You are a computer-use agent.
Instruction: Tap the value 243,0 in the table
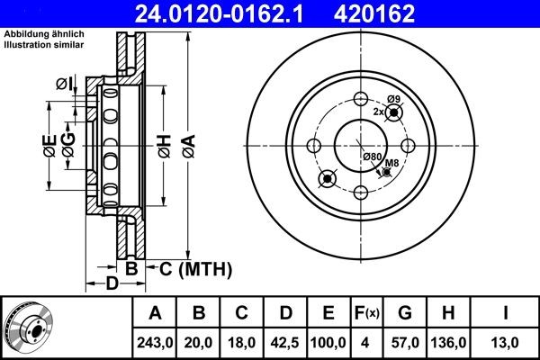(155, 343)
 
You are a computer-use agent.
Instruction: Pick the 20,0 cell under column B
(200, 343)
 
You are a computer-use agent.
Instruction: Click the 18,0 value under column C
(242, 343)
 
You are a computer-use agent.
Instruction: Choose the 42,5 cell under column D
(285, 343)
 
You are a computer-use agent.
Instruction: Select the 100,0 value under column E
(328, 343)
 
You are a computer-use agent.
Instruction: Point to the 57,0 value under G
(404, 343)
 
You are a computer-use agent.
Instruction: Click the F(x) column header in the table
(366, 314)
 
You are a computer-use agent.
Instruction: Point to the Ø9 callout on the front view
(392, 99)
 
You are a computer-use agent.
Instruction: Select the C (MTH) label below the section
(196, 268)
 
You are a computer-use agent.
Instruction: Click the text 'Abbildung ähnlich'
(45, 35)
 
